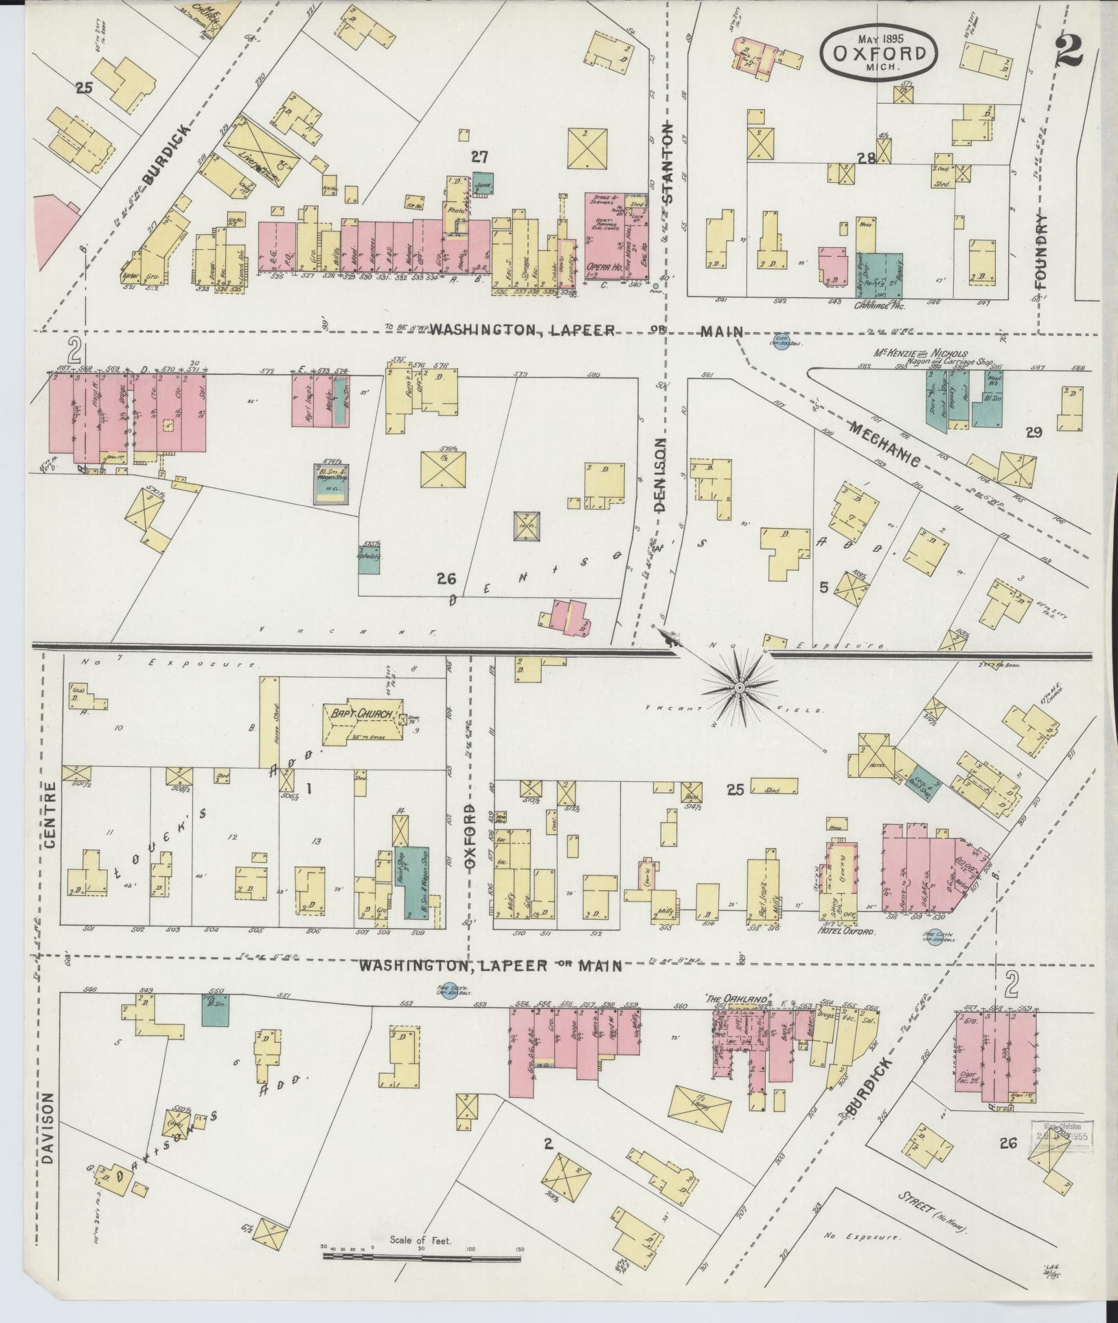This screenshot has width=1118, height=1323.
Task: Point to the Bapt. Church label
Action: click(363, 714)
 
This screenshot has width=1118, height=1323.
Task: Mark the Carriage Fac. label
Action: click(880, 307)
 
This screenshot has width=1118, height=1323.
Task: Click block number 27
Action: click(479, 157)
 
